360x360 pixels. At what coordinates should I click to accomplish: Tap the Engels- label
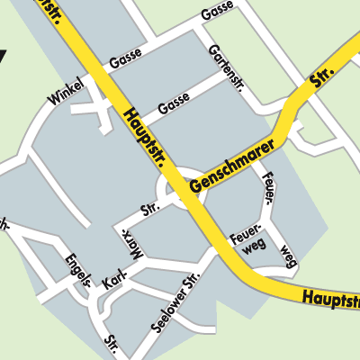(x=79, y=269)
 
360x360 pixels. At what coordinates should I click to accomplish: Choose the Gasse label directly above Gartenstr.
(x=217, y=14)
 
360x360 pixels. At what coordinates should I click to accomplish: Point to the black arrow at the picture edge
(x=3, y=57)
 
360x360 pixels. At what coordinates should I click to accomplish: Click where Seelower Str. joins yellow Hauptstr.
(x=218, y=251)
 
